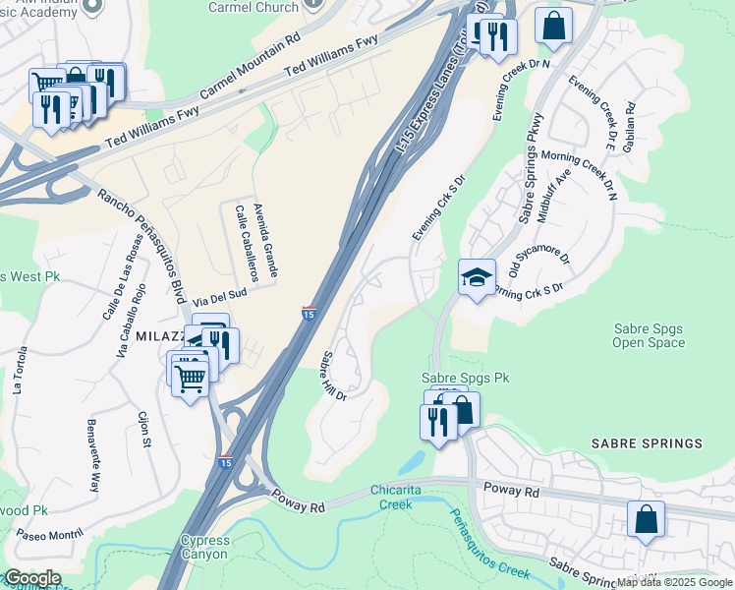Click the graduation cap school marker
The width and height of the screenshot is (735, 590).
(x=477, y=278)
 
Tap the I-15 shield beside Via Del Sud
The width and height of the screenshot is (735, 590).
(x=309, y=314)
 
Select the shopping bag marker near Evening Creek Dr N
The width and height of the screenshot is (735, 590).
(x=553, y=26)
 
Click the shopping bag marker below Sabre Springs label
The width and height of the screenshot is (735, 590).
(x=646, y=520)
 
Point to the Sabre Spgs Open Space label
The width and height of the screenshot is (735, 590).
(x=648, y=335)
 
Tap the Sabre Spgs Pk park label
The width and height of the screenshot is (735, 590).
(x=466, y=378)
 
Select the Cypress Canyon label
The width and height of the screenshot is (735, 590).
(x=204, y=548)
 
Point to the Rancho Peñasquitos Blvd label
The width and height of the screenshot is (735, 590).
(x=141, y=246)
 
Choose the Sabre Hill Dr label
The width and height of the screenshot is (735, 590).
(x=333, y=375)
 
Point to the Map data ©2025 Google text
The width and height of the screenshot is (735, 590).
(x=674, y=582)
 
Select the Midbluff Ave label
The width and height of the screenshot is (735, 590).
(x=561, y=186)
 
